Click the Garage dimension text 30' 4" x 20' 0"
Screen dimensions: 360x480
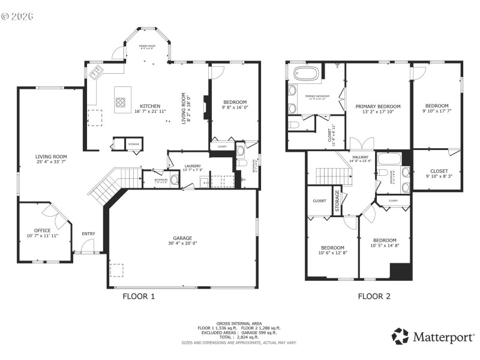pos(183,243)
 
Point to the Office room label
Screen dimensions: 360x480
pos(42,230)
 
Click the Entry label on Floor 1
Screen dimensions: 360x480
pos(88,234)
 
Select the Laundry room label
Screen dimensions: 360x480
pos(193,166)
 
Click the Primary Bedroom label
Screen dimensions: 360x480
pos(377,106)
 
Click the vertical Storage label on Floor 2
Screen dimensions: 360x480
pos(337,202)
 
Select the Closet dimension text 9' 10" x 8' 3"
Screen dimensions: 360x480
pos(438,176)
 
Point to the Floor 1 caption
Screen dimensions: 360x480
pos(139,296)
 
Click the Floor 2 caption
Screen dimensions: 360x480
pos(374,296)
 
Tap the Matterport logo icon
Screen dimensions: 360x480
pos(400,336)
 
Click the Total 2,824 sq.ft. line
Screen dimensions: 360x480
pos(239,337)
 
